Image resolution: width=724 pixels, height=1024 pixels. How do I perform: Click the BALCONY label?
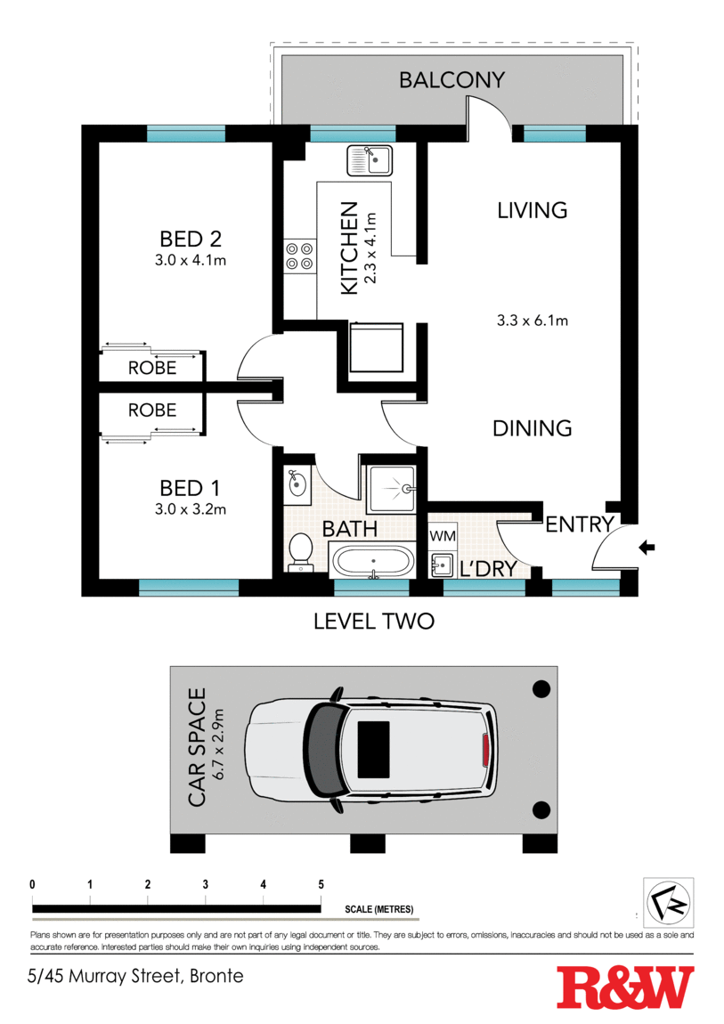(451, 79)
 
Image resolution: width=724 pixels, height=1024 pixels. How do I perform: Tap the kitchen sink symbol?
(370, 160)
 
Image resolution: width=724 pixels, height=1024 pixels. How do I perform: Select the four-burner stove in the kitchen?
(299, 256)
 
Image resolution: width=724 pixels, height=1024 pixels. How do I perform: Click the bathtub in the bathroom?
(373, 560)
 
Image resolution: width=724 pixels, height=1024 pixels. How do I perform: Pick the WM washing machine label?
(443, 536)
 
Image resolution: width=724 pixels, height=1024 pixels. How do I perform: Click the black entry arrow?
(647, 548)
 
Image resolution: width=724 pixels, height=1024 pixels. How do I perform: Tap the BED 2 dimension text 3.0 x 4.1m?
(191, 260)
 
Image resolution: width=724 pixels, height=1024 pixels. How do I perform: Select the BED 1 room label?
(190, 488)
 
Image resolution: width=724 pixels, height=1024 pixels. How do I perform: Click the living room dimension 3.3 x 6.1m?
(532, 321)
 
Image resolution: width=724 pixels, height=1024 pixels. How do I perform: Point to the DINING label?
(532, 428)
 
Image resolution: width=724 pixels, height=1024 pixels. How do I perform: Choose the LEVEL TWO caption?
(374, 621)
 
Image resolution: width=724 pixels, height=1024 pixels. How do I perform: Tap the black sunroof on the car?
(373, 749)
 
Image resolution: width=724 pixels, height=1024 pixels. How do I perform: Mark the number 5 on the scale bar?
(321, 884)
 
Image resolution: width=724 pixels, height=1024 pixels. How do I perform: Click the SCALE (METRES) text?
(379, 909)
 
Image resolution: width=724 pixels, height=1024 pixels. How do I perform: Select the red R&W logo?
(625, 987)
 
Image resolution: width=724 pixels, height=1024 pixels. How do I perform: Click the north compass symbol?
(669, 903)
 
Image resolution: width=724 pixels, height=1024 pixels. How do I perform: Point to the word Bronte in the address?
(216, 976)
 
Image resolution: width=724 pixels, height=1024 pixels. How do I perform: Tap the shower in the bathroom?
(391, 489)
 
